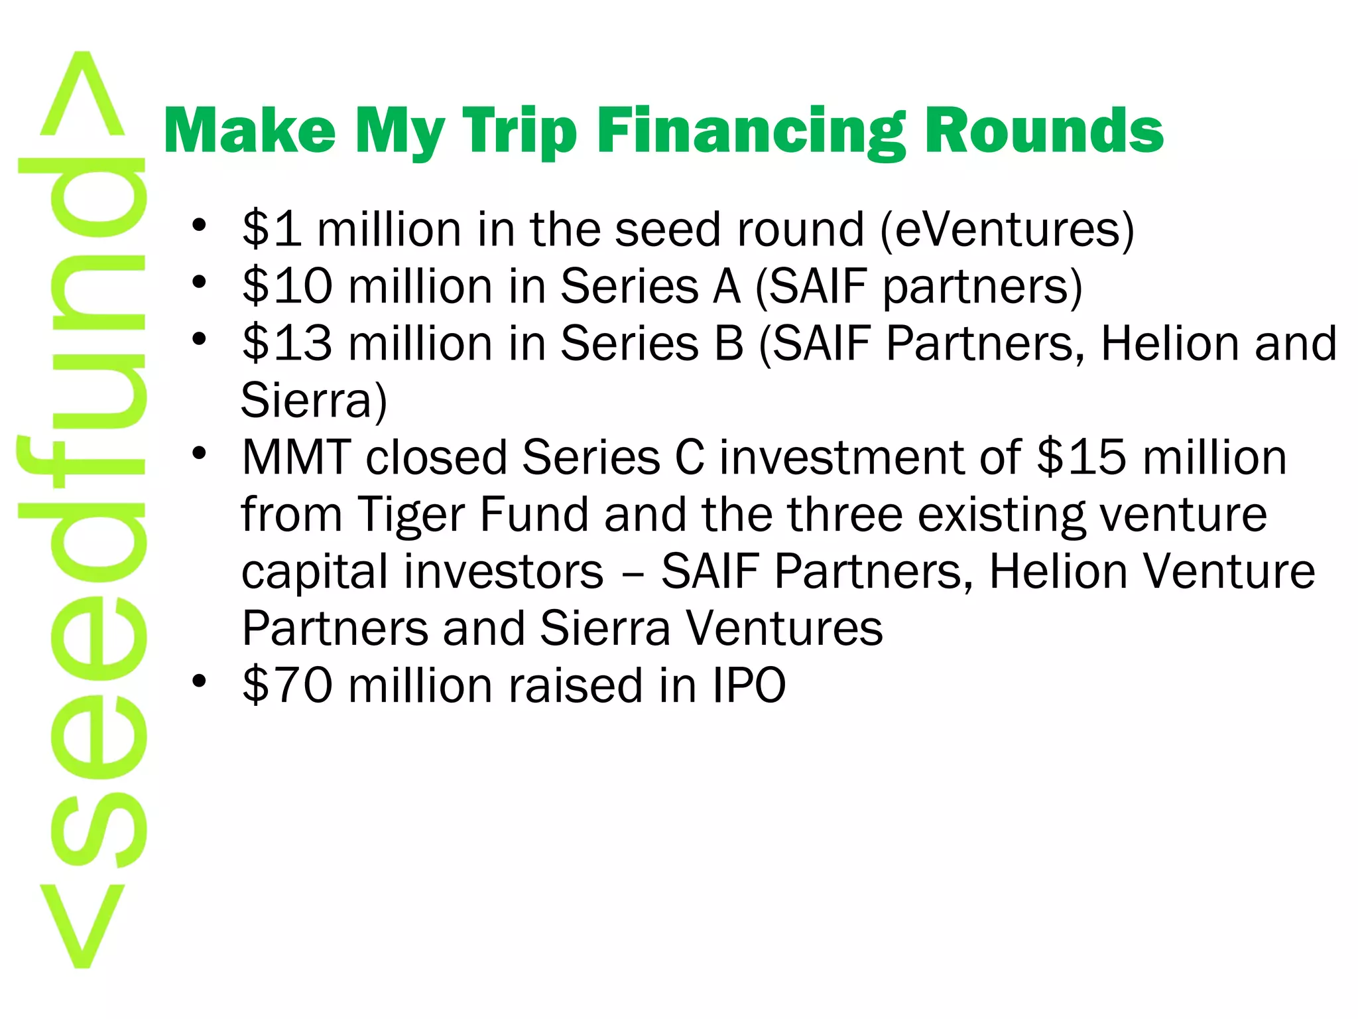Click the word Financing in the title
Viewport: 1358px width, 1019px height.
[x=751, y=131]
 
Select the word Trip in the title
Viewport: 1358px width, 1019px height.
[x=519, y=131]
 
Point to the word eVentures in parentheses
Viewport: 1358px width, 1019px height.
[x=1007, y=229]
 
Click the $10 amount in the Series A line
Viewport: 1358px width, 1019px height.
[x=287, y=286]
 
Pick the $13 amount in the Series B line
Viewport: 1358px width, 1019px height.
[x=287, y=343]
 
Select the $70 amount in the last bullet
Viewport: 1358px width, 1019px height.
[x=287, y=685]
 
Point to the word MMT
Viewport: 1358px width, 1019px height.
[x=296, y=457]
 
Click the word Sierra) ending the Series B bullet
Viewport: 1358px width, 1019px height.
[x=314, y=400]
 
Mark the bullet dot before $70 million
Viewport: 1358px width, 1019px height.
[x=199, y=681]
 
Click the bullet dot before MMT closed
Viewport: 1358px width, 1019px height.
[x=199, y=453]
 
